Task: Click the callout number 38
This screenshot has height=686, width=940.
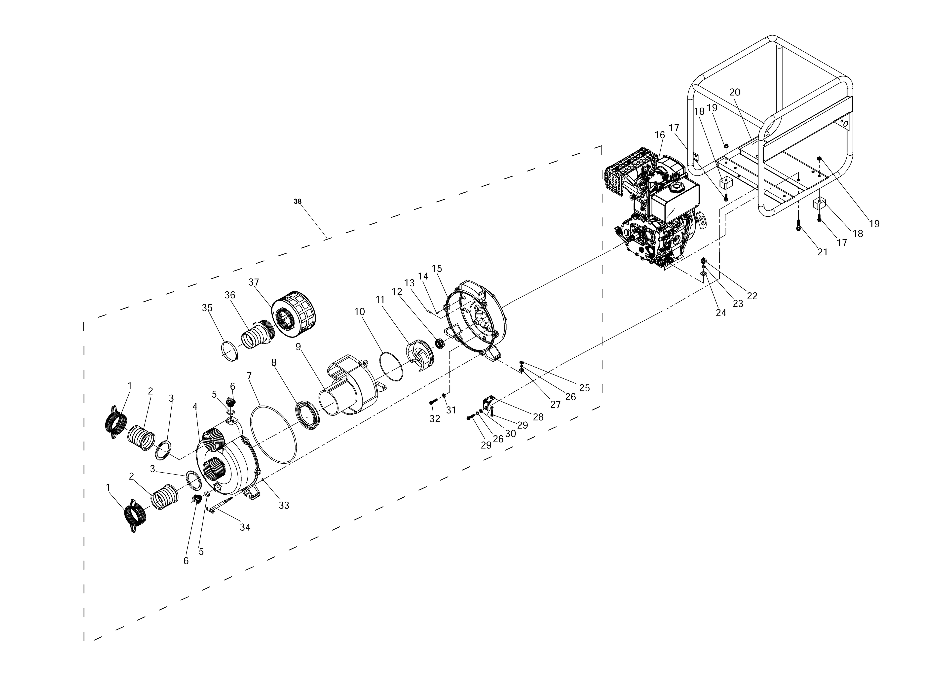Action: (x=298, y=201)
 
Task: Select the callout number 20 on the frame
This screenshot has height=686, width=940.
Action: (x=735, y=92)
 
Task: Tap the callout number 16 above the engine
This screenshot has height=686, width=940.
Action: (x=660, y=135)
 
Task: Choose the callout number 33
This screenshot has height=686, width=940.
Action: (x=284, y=505)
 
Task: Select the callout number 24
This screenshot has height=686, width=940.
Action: (x=721, y=313)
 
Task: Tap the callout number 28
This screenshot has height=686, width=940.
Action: (x=538, y=417)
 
